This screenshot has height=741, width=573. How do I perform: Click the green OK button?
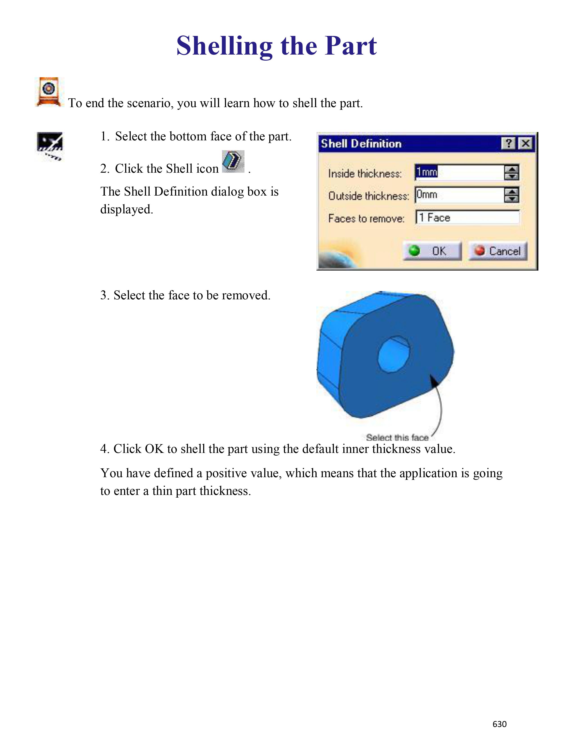coord(432,251)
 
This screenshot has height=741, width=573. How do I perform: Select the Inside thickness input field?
coord(459,172)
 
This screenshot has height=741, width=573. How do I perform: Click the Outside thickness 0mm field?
coord(459,195)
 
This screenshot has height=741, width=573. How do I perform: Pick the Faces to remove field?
coord(467,218)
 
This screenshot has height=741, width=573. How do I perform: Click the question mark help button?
coord(508,143)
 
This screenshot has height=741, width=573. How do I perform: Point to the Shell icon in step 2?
coord(233,161)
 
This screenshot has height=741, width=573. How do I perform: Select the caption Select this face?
coord(397,438)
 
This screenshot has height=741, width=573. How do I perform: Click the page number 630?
coord(499,724)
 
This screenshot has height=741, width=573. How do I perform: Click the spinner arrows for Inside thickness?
coord(511,172)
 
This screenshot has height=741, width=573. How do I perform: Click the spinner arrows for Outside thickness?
coord(511,195)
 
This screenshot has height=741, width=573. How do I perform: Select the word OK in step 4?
coord(154,449)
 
